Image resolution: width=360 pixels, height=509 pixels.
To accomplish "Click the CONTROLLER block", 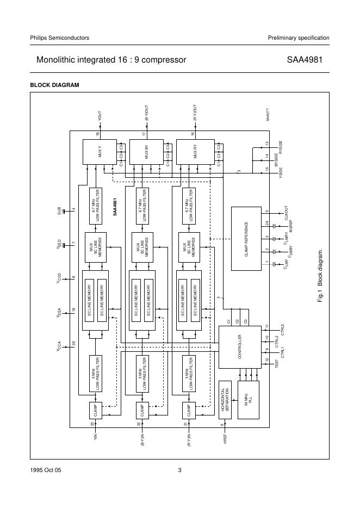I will click(x=238, y=347).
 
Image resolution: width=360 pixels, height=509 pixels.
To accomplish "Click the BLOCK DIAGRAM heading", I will click(x=54, y=85).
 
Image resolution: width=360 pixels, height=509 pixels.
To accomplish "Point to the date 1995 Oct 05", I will click(x=46, y=470).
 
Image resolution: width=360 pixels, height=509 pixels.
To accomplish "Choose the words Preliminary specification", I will click(x=299, y=38).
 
